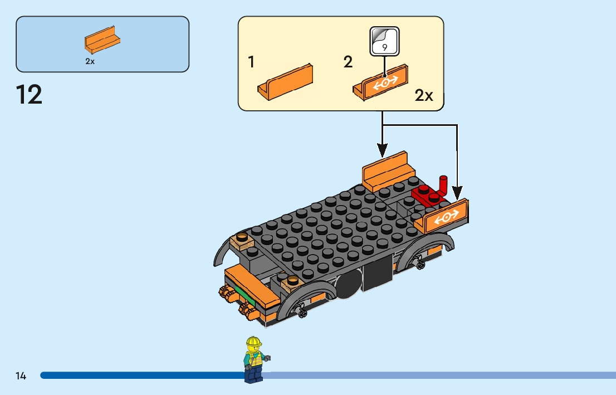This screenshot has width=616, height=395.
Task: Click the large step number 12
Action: [x=30, y=95]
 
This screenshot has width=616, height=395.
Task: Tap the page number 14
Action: [x=21, y=376]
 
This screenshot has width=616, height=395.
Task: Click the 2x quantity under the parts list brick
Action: [x=90, y=62]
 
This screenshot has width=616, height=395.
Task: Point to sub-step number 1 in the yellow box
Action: [x=251, y=62]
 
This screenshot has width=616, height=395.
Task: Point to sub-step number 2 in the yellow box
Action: [x=348, y=62]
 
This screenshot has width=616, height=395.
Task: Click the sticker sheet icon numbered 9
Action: [x=384, y=41]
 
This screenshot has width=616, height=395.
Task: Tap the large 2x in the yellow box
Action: [x=424, y=96]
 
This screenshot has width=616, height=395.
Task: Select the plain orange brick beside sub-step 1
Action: [x=286, y=82]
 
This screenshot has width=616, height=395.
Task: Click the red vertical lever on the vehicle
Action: [x=444, y=186]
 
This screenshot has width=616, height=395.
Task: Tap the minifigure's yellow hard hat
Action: [x=253, y=341]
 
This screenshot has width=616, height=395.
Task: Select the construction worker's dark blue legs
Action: [x=254, y=374]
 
